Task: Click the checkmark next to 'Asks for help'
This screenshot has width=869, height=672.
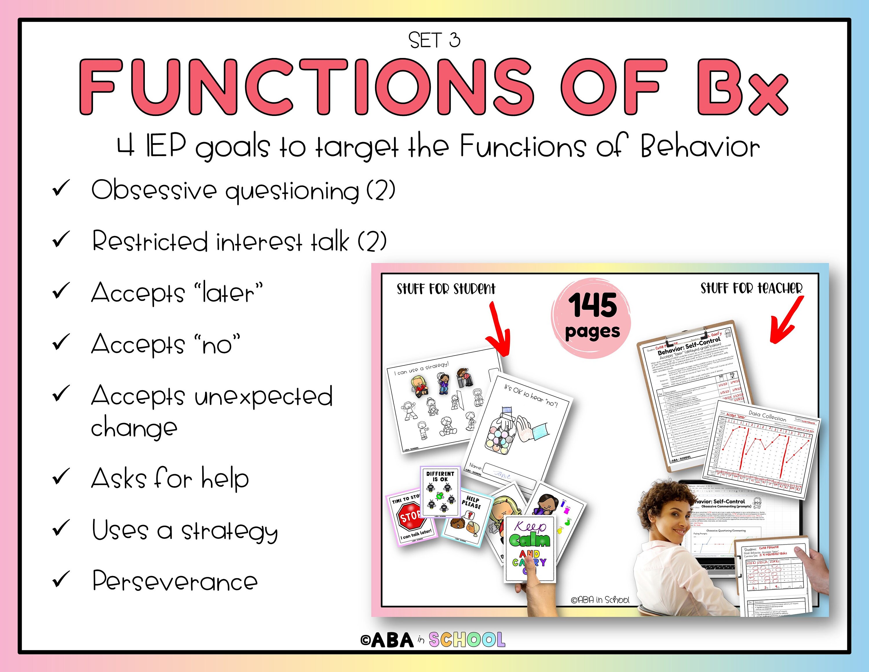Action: click(61, 477)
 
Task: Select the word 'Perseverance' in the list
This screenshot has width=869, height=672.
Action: click(175, 582)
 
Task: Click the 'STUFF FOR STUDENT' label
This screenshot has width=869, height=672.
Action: click(446, 289)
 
